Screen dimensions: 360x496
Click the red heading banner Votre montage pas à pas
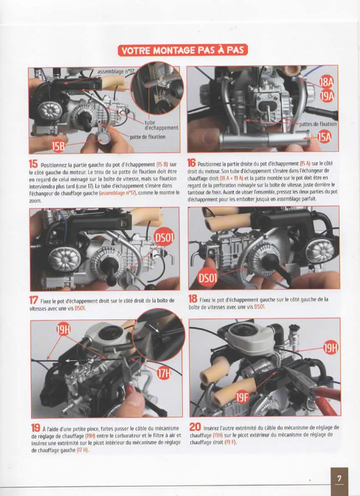pyautogui.click(x=183, y=50)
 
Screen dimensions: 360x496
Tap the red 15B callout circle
pyautogui.click(x=58, y=146)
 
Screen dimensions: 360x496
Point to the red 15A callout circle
pyautogui.click(x=324, y=137)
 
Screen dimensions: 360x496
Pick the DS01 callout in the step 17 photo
pyautogui.click(x=164, y=238)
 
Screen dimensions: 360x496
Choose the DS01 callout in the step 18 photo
pyautogui.click(x=208, y=278)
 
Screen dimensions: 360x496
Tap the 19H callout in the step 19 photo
pyautogui.click(x=63, y=330)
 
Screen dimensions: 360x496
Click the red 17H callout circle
pyautogui.click(x=164, y=374)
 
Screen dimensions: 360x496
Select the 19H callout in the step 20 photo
pyautogui.click(x=330, y=348)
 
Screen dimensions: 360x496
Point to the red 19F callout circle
pyautogui.click(x=242, y=397)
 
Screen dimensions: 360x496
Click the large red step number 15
pyautogui.click(x=33, y=164)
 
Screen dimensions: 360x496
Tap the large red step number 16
pyautogui.click(x=191, y=162)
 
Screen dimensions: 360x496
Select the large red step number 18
pyautogui.click(x=193, y=298)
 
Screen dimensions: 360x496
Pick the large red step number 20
pyautogui.click(x=195, y=427)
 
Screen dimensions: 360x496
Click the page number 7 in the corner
pyautogui.click(x=339, y=478)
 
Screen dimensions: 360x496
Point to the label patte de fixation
pyautogui.click(x=147, y=136)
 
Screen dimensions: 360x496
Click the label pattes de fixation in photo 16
pyautogui.click(x=318, y=123)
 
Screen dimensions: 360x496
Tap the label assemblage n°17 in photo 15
pyautogui.click(x=116, y=72)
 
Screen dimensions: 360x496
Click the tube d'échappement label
pyautogui.click(x=161, y=125)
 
